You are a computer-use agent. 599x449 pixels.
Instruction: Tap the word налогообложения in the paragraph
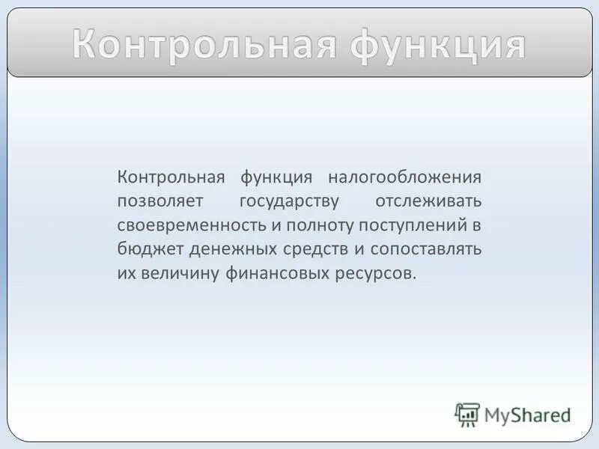404,178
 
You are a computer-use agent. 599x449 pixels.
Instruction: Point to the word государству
290,202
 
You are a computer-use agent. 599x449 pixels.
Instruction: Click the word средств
305,248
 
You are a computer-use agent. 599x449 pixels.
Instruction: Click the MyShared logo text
527,414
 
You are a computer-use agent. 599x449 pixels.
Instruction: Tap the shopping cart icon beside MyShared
467,415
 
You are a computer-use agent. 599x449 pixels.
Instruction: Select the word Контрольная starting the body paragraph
171,178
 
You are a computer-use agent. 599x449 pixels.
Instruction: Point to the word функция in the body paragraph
276,178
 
